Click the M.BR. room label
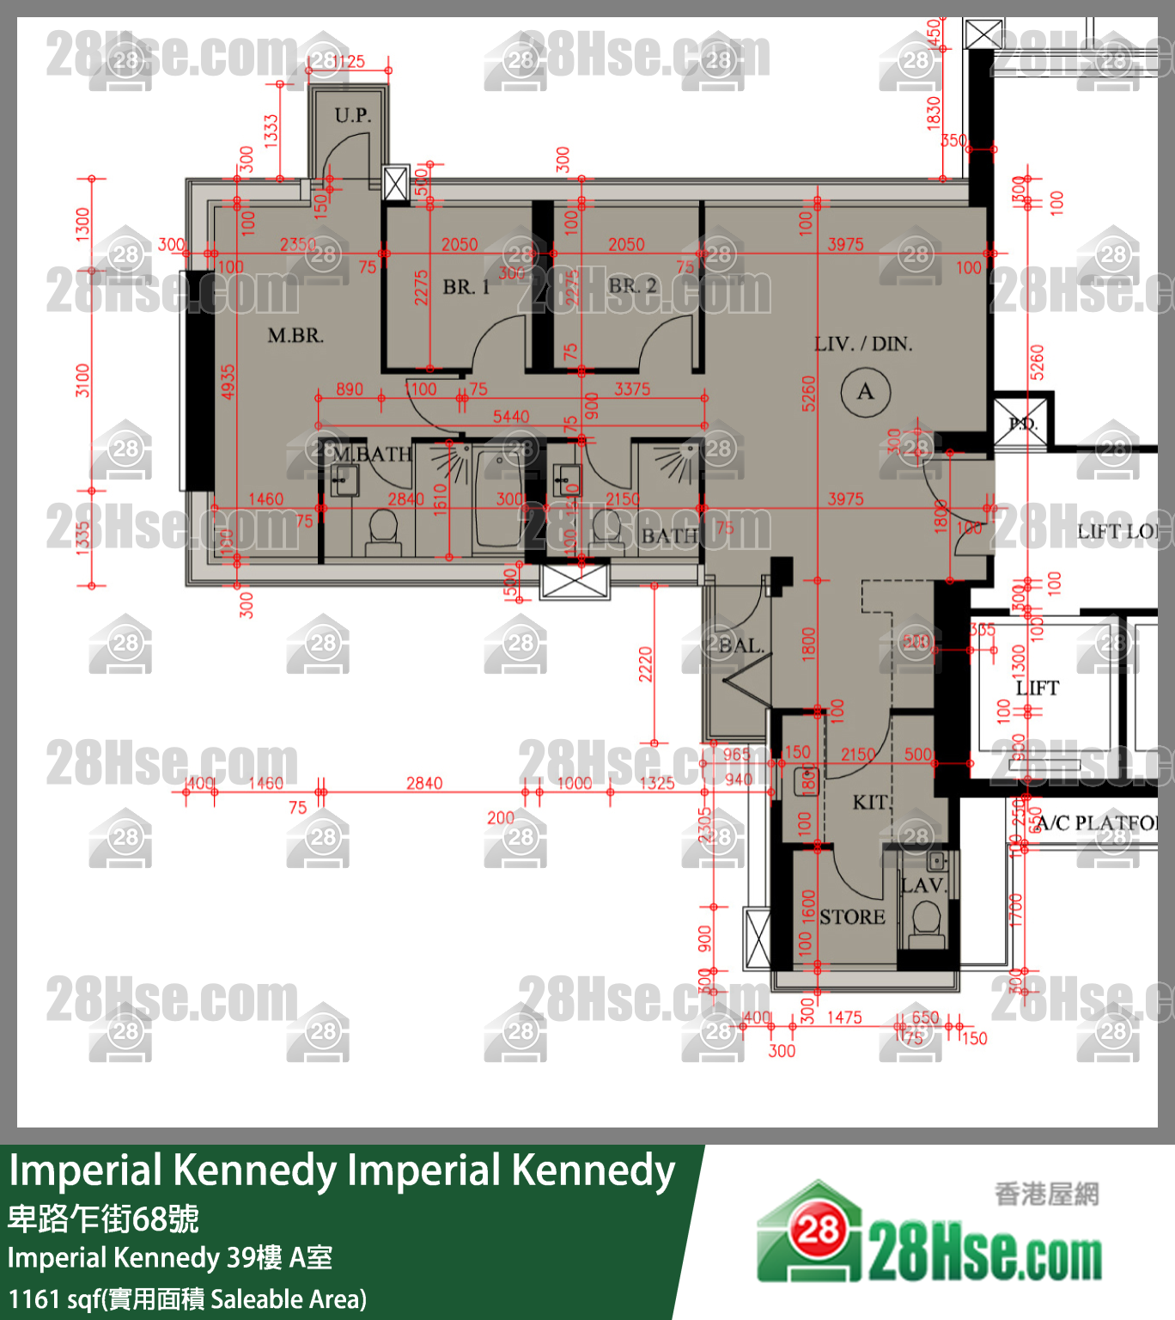click(x=295, y=336)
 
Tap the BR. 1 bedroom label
click(x=466, y=287)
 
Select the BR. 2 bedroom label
click(x=633, y=285)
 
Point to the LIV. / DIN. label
click(x=863, y=345)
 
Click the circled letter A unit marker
click(x=865, y=392)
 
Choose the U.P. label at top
click(x=353, y=115)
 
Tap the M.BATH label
click(x=373, y=454)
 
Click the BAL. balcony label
click(x=741, y=645)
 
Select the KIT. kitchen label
click(x=870, y=803)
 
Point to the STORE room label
click(x=852, y=917)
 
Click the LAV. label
click(x=923, y=885)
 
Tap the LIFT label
click(x=1038, y=687)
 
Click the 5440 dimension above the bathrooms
click(x=511, y=417)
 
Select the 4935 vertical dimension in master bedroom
click(x=228, y=382)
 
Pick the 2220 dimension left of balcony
click(x=646, y=664)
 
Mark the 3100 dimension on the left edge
click(x=82, y=380)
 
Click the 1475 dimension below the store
click(x=844, y=1017)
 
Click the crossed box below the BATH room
click(x=575, y=581)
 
